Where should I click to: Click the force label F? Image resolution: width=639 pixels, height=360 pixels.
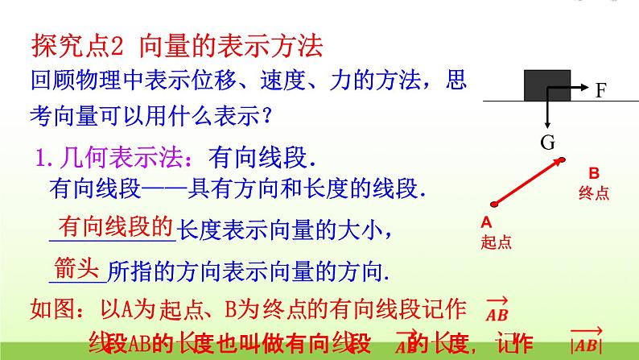coord(600,91)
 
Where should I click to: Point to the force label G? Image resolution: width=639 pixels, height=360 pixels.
coord(548,143)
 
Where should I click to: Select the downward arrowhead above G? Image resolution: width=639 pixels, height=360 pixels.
coord(547,124)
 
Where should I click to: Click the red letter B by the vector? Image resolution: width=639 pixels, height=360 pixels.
coord(594,172)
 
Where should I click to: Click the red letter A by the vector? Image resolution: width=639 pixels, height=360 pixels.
coord(486,221)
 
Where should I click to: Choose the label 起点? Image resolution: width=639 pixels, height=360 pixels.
coord(495,241)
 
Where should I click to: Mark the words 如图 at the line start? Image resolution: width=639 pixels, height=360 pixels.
coord(48,307)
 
